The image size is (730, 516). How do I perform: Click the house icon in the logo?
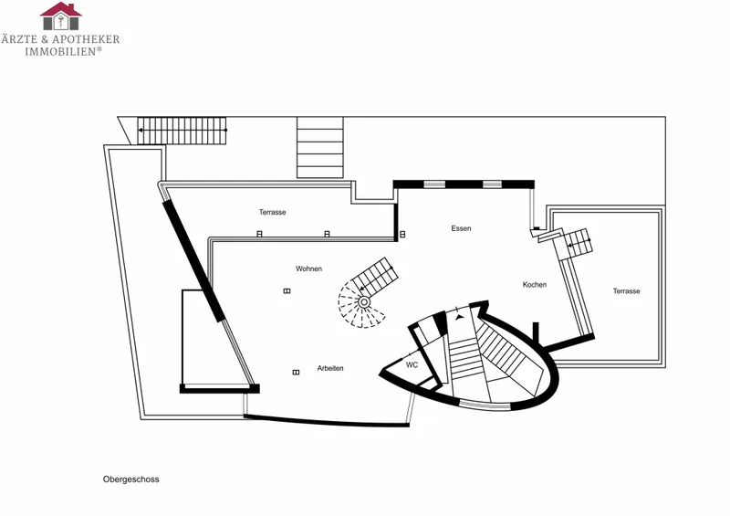pyautogui.click(x=60, y=16)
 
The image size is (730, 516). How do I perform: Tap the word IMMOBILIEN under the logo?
pyautogui.click(x=60, y=51)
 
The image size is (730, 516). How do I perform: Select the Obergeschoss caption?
pyautogui.click(x=130, y=479)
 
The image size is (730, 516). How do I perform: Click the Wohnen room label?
pyautogui.click(x=308, y=269)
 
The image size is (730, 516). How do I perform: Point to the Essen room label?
pyautogui.click(x=461, y=228)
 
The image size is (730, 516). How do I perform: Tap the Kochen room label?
pyautogui.click(x=535, y=284)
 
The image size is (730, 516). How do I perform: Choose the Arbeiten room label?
pyautogui.click(x=330, y=368)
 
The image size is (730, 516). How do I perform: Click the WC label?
pyautogui.click(x=412, y=365)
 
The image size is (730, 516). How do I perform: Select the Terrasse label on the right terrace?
pyautogui.click(x=626, y=290)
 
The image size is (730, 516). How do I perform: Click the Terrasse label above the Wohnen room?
pyautogui.click(x=272, y=212)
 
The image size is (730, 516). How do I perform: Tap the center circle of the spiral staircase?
pyautogui.click(x=364, y=302)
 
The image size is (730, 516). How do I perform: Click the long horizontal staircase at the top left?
pyautogui.click(x=182, y=131)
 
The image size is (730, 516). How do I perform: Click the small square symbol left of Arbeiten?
pyautogui.click(x=296, y=373)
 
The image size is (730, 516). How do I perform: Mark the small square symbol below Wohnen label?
pyautogui.click(x=287, y=290)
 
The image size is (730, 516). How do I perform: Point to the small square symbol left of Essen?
pyautogui.click(x=402, y=235)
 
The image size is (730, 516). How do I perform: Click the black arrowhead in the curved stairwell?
pyautogui.click(x=460, y=317)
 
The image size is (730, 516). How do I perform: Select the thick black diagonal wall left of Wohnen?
pyautogui.click(x=193, y=261)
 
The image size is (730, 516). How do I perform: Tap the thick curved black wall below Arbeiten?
pyautogui.click(x=326, y=422)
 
